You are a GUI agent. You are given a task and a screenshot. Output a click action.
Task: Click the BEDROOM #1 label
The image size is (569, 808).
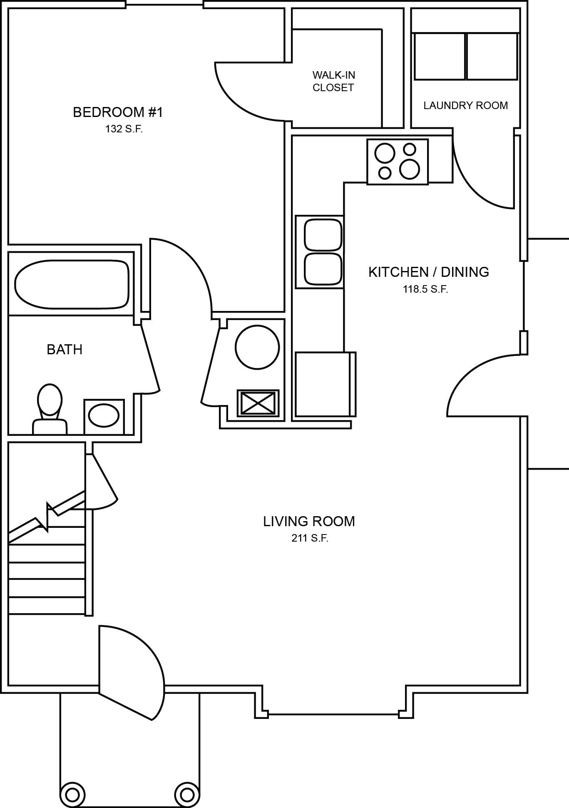pyautogui.click(x=118, y=112)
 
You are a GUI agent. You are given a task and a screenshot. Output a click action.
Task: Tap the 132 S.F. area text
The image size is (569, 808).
pyautogui.click(x=124, y=129)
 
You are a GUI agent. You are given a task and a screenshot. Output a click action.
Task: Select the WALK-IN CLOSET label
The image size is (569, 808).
pyautogui.click(x=333, y=82)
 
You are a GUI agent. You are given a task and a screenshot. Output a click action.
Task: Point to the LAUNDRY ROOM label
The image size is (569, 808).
pyautogui.click(x=465, y=105)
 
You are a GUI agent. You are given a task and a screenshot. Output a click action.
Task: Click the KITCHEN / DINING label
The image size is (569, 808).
pyautogui.click(x=428, y=272)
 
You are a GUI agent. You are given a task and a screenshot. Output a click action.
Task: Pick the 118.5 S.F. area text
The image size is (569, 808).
pyautogui.click(x=425, y=289)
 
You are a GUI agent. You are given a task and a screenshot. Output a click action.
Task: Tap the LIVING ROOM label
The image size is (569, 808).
pyautogui.click(x=309, y=521)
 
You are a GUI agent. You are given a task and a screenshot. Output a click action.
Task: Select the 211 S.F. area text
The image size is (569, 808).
pyautogui.click(x=310, y=538)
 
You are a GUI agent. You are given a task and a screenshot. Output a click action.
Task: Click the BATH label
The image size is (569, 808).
pyautogui.click(x=65, y=350)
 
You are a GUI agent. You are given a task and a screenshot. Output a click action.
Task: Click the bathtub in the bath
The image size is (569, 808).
pyautogui.click(x=72, y=284)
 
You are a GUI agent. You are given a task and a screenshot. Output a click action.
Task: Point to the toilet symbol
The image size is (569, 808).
pyautogui.click(x=50, y=410)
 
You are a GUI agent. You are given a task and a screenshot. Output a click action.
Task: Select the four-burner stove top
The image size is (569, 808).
pyautogui.click(x=397, y=162)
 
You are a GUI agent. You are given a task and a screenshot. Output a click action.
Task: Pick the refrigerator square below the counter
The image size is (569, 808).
pyautogui.click(x=324, y=384)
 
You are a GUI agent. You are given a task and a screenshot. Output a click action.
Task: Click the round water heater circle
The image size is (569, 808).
pyautogui.click(x=257, y=346)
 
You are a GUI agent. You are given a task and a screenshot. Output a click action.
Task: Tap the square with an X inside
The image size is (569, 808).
pyautogui.click(x=258, y=403)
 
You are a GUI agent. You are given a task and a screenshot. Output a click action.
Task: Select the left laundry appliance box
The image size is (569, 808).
pyautogui.click(x=440, y=56)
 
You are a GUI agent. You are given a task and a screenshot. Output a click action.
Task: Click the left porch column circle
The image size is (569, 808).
pyautogui.click(x=72, y=794)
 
